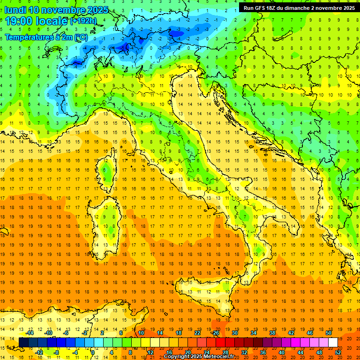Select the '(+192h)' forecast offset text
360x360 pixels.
click(83, 21)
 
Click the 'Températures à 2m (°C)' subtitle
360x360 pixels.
click(46, 37)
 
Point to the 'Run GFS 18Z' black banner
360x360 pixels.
click(299, 8)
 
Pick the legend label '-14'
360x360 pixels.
click(30, 333)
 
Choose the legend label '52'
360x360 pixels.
click(338, 352)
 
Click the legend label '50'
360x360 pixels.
click(328, 333)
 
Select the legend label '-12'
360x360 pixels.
click(39, 352)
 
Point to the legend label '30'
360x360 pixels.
click(234, 333)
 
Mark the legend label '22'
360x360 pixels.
click(197, 333)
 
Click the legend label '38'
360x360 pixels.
click(272, 333)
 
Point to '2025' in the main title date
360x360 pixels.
click(98, 10)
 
